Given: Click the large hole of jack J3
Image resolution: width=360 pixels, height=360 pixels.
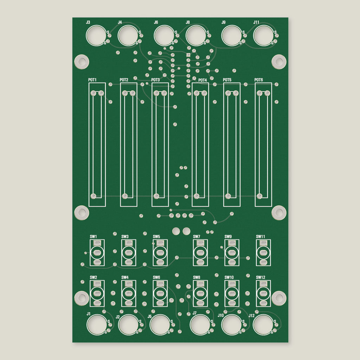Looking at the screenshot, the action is (96, 36).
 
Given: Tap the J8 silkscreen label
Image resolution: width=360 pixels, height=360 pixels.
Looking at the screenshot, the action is (188, 22).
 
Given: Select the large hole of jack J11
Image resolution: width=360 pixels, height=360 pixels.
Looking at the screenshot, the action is (263, 36).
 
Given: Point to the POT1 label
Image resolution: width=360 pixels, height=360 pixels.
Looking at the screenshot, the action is (92, 80).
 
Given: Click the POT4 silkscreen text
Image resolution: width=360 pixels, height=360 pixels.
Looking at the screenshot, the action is (202, 80).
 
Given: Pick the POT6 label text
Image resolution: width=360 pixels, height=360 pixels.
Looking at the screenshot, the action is (258, 80).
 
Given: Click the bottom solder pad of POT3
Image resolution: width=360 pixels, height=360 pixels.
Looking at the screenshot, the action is (156, 196).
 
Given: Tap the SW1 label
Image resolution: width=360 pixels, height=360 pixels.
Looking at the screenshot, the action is (93, 237).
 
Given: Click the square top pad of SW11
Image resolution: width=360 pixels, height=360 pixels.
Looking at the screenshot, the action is (263, 243).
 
